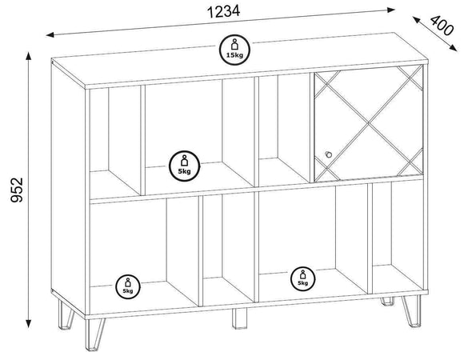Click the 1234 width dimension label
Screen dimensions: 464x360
click(x=223, y=12)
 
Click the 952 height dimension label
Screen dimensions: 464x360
click(x=17, y=190)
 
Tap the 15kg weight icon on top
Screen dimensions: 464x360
click(x=234, y=50)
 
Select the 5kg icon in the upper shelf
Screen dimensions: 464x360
click(x=184, y=166)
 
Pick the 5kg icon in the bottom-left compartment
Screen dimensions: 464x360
click(x=128, y=286)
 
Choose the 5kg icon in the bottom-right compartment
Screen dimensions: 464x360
click(x=302, y=278)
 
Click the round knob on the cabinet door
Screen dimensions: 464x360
click(x=328, y=154)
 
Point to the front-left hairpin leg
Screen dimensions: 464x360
click(x=94, y=334)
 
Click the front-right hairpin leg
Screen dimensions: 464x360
click(x=412, y=310)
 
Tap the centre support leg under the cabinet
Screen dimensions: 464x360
click(x=239, y=318)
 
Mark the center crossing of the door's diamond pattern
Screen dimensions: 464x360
click(x=369, y=122)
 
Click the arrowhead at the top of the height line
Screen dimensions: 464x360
click(x=29, y=56)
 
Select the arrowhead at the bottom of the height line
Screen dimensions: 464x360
click(x=29, y=324)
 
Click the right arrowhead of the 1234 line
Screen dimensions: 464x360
click(x=391, y=10)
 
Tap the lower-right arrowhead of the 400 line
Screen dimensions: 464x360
click(x=454, y=48)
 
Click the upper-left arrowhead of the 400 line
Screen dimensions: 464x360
click(x=416, y=20)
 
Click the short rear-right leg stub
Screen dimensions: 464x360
click(x=387, y=301)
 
